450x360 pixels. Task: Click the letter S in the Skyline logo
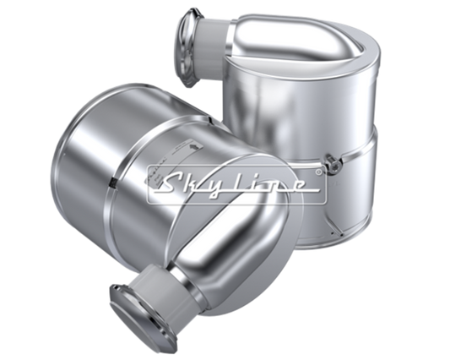tap(172, 184)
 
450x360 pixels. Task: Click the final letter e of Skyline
tap(299, 186)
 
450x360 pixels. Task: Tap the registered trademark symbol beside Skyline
tap(318, 172)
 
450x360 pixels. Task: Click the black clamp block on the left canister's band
tap(114, 183)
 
